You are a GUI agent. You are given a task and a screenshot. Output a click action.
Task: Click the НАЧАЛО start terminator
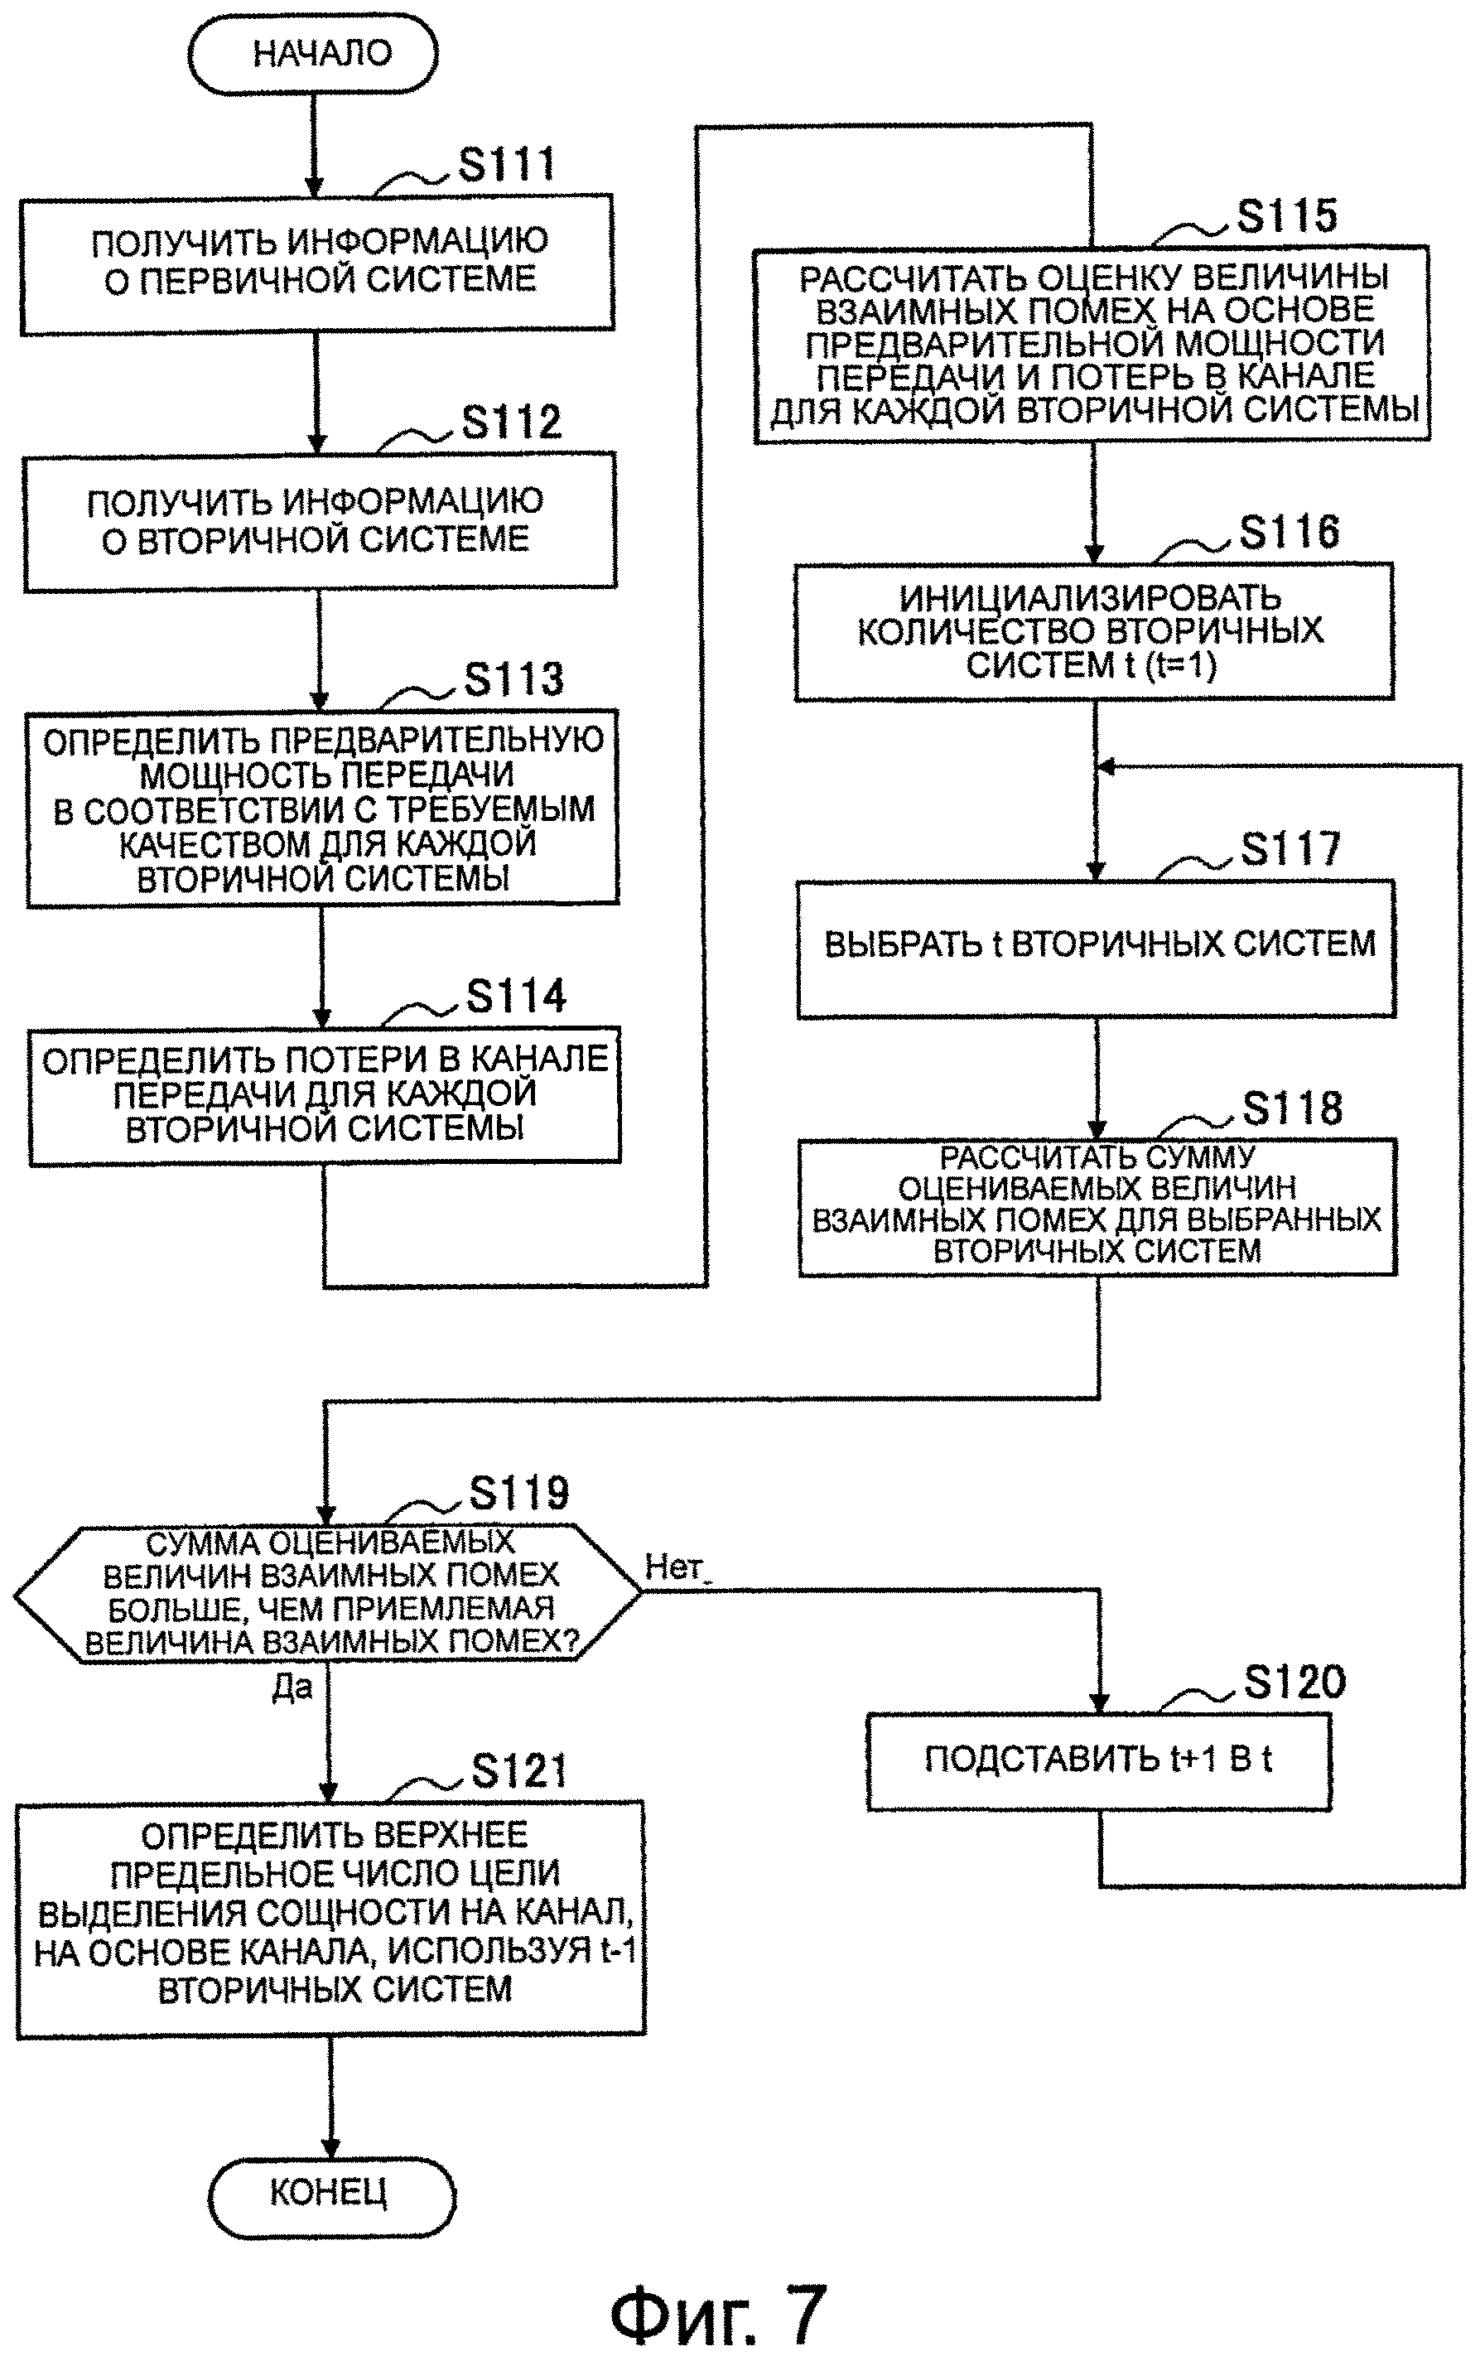312,55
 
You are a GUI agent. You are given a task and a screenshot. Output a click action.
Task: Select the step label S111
506,165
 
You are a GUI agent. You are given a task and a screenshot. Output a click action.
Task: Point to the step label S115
1286,215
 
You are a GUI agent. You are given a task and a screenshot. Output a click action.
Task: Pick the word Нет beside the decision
673,1567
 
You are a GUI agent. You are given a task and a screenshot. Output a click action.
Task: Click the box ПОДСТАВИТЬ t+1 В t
1098,1759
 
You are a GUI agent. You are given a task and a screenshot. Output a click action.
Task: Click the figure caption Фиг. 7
718,2287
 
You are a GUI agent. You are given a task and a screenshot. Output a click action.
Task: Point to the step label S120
1294,1682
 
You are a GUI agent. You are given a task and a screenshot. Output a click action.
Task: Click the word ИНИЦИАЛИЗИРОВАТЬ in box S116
1089,597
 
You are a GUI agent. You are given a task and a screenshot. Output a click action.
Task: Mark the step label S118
1292,1108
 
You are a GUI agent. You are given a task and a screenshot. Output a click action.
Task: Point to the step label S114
516,997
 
